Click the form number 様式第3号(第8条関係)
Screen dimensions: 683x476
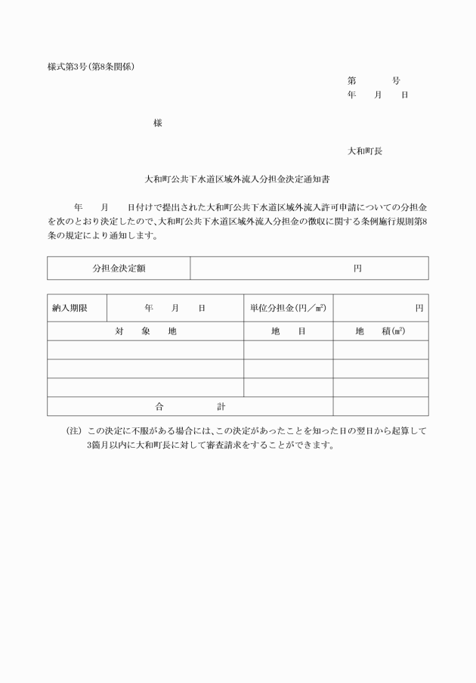[x=91, y=66]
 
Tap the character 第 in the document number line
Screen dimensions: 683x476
[x=351, y=81]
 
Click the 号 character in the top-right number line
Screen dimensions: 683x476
[x=397, y=81]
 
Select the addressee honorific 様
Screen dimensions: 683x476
[x=157, y=123]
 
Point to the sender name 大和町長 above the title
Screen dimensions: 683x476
[x=365, y=151]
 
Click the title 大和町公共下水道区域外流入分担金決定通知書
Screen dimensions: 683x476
[x=237, y=181]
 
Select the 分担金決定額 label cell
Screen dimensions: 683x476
[x=119, y=269]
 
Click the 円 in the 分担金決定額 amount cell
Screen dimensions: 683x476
[x=357, y=269]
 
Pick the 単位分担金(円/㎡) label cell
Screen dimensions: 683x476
[x=288, y=309]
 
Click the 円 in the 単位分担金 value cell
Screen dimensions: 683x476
[x=419, y=309]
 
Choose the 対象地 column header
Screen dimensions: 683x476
[x=146, y=331]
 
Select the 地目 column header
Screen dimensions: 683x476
[x=288, y=331]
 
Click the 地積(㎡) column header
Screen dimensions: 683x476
[x=380, y=331]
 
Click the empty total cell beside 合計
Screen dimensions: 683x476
[x=380, y=406]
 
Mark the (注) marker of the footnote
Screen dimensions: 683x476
[x=74, y=431]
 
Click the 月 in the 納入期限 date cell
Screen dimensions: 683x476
[x=175, y=309]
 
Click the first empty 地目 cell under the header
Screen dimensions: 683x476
[x=288, y=350]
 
